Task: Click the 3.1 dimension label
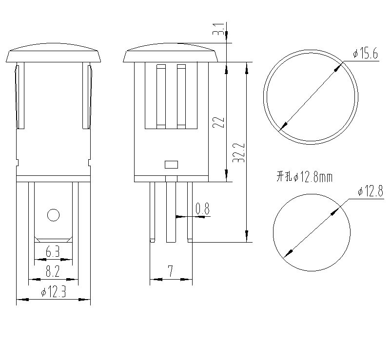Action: coord(219,29)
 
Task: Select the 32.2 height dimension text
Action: coord(238,153)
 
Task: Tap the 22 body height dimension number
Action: coord(218,122)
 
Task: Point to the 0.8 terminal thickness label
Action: coord(202,209)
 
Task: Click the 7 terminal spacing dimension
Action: coord(171,271)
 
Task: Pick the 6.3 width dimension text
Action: coord(53,252)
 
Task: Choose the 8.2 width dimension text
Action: coord(53,271)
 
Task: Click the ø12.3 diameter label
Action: coord(54,291)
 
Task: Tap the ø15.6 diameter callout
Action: coord(366,54)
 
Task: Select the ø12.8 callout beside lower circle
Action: coord(371,191)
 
